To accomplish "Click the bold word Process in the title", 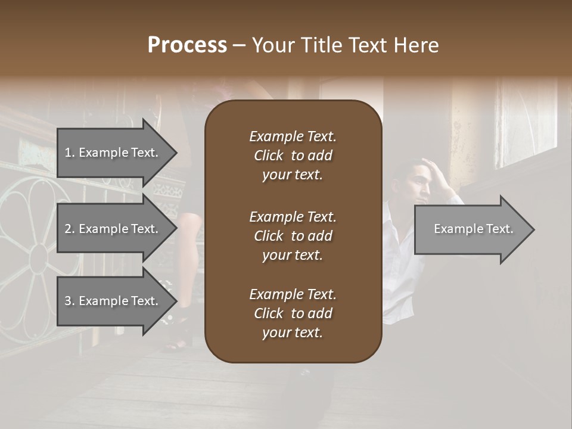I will coord(187,45).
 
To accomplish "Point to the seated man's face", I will coord(419,185).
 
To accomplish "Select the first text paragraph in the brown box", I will coord(293,156).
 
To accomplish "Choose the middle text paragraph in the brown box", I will coord(293,235).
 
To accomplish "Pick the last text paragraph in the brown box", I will coord(293,313).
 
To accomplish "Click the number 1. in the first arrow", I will coord(69,153).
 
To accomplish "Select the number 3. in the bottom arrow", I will coord(70,301).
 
